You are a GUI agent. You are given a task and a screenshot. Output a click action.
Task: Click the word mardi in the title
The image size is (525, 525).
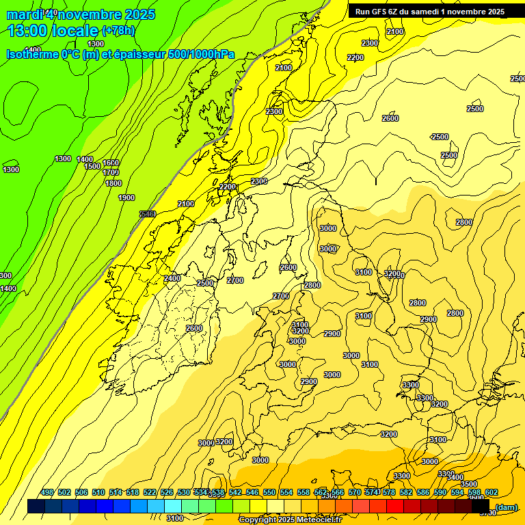[25, 14]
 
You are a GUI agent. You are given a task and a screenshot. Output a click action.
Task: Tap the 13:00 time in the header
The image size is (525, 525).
[27, 31]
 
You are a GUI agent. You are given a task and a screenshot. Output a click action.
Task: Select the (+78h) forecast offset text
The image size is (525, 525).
[118, 31]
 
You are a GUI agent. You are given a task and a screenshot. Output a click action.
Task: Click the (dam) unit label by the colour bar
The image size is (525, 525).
[506, 507]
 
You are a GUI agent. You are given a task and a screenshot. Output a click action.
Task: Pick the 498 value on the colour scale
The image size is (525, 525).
[47, 493]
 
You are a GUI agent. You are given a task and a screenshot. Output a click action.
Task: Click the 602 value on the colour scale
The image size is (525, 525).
[492, 493]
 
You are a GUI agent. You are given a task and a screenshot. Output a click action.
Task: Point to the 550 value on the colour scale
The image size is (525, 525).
[269, 493]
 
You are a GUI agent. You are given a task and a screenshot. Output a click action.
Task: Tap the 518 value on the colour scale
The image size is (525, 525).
[133, 493]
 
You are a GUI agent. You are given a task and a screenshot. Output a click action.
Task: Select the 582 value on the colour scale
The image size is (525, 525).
[406, 493]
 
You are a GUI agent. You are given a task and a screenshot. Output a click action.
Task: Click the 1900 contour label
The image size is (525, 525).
[126, 198]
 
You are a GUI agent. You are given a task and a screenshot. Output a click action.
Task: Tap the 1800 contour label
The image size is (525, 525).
[113, 183]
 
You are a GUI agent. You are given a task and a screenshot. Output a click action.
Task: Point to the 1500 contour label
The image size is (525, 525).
[92, 166]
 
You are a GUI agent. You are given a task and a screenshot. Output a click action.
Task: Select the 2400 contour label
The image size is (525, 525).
[172, 278]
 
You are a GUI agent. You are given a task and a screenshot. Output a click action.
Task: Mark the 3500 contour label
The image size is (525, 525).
[469, 484]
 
